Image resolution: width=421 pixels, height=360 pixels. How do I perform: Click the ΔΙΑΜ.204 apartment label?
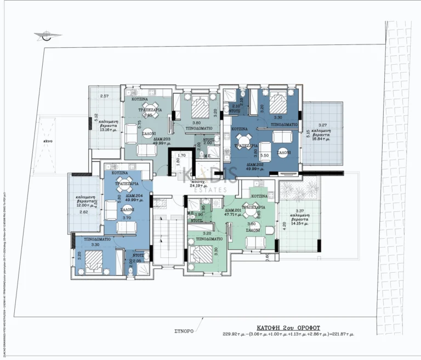coord(135,196)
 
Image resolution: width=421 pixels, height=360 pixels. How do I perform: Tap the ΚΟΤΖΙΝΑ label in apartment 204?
coord(120,173)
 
